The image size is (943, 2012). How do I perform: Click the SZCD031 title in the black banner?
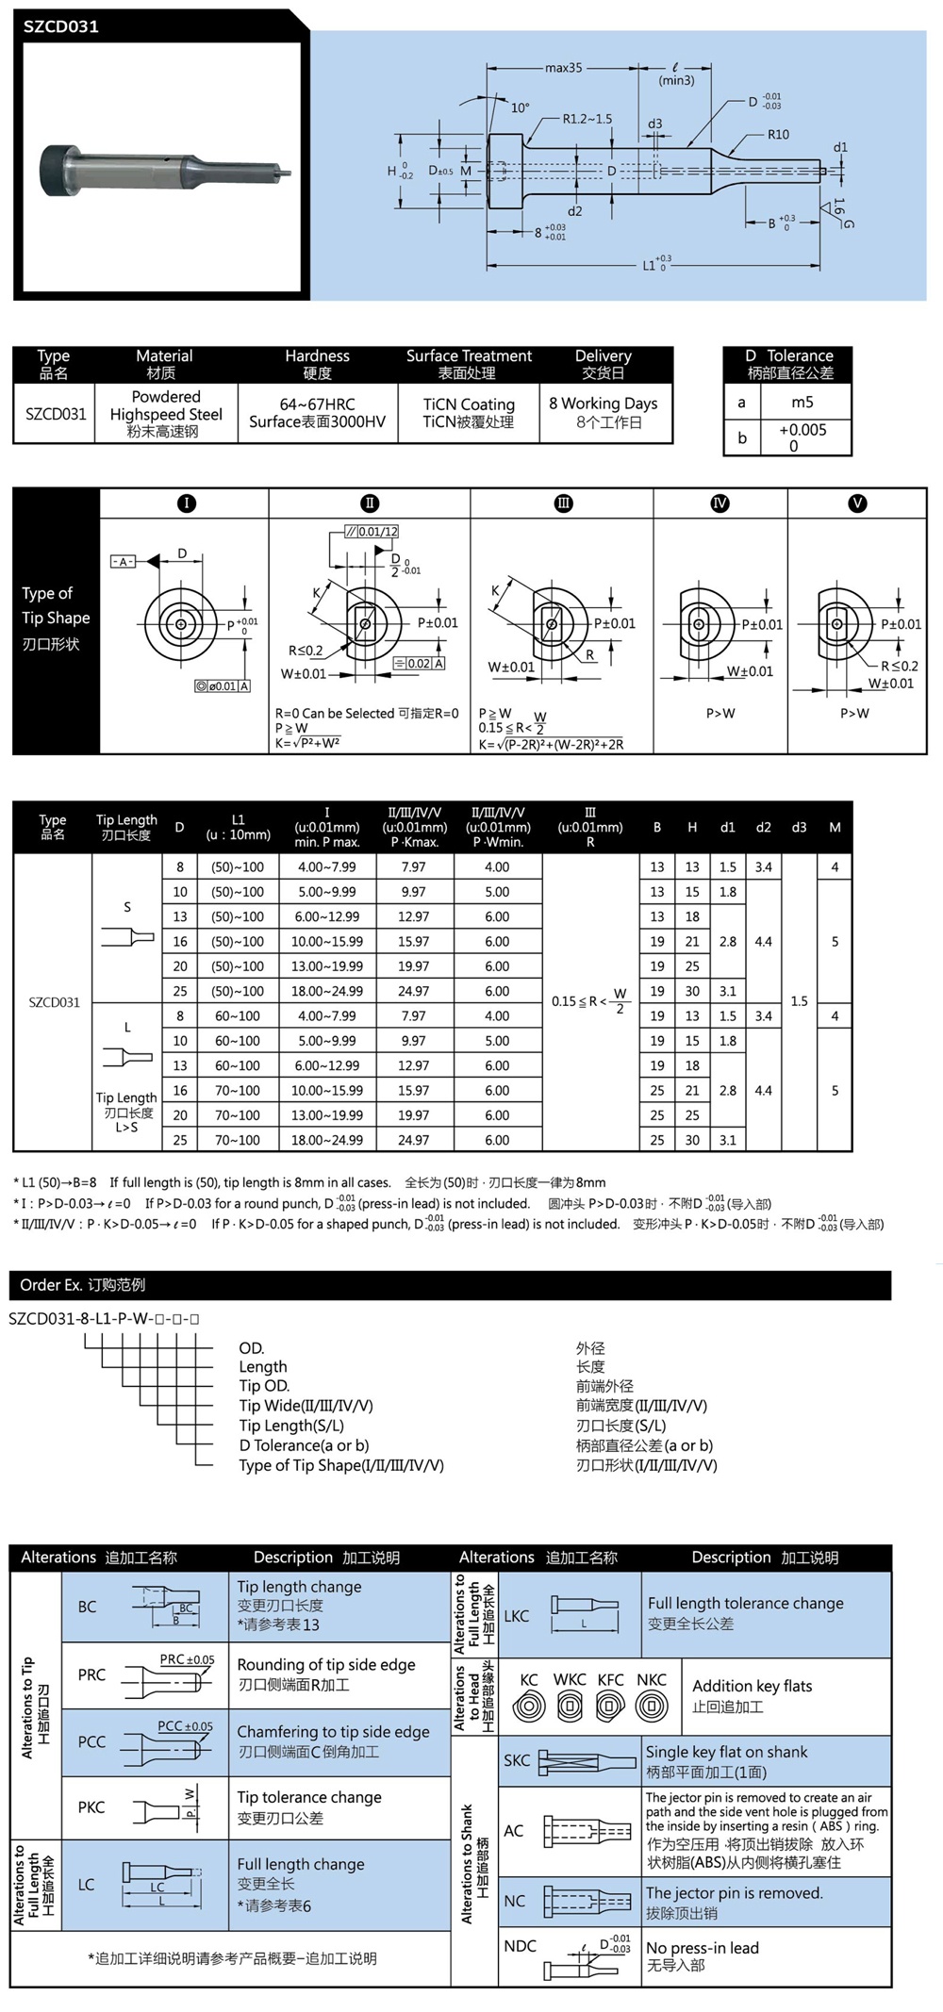[x=61, y=26]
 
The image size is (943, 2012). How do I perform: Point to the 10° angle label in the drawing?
[x=520, y=107]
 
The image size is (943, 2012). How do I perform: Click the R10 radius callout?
[x=778, y=135]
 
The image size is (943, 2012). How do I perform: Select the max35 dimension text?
[x=563, y=68]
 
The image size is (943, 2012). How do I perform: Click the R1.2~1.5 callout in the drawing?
[x=587, y=119]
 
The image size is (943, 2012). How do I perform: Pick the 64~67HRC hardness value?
[x=317, y=404]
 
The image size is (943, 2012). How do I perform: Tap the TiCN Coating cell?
[x=469, y=404]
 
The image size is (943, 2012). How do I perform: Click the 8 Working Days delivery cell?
[x=604, y=404]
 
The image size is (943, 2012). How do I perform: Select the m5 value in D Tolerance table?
[x=802, y=403]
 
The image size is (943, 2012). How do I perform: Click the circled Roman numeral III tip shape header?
[x=563, y=503]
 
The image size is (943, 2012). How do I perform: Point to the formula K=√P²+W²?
[x=307, y=743]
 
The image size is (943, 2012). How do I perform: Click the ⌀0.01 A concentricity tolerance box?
[x=223, y=686]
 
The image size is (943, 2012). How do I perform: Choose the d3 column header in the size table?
[x=799, y=827]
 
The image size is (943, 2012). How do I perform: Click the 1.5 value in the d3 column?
[x=799, y=1001]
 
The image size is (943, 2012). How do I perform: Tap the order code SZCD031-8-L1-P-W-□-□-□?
[x=104, y=1319]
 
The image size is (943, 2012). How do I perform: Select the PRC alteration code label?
[x=91, y=1674]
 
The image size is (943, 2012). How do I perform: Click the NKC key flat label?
[x=652, y=1679]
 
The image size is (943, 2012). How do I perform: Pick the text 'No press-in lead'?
[x=702, y=1948]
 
